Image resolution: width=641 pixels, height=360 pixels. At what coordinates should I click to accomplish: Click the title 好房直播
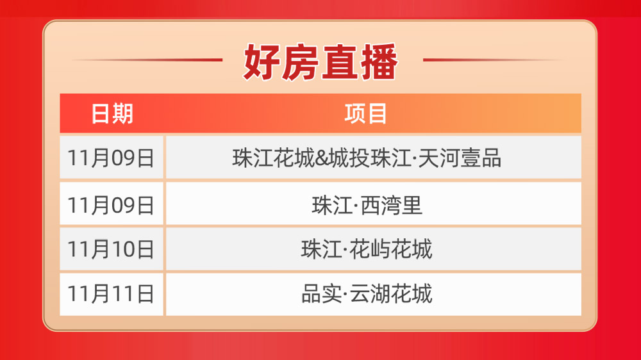click(320, 62)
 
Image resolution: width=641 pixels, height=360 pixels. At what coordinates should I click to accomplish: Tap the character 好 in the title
click(262, 62)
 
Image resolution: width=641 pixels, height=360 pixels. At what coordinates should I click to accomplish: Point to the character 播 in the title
click(379, 62)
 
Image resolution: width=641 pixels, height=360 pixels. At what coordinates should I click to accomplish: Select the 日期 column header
click(112, 113)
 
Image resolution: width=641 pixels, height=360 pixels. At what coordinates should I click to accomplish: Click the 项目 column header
click(366, 113)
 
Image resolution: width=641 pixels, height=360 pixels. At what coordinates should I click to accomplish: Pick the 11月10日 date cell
click(111, 249)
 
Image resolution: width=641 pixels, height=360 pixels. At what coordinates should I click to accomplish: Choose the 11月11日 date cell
click(111, 294)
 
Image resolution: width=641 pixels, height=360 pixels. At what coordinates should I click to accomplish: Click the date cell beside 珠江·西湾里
click(111, 205)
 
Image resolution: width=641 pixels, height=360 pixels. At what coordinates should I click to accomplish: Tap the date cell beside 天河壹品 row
click(111, 158)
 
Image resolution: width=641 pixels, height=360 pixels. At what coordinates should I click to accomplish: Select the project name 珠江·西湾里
click(367, 205)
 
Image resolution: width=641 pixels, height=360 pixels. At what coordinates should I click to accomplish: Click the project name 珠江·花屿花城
click(367, 249)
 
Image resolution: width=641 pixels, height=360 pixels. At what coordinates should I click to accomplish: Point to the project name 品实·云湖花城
click(367, 294)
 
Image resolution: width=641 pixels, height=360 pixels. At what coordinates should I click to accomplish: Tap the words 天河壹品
click(460, 158)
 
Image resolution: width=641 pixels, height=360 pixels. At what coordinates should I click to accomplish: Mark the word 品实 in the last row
click(321, 294)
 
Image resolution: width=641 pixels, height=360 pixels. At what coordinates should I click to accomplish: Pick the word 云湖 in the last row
click(370, 294)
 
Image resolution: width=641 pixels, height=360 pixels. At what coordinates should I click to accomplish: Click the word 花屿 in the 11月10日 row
click(370, 249)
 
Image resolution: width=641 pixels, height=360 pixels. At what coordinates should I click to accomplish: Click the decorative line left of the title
click(147, 60)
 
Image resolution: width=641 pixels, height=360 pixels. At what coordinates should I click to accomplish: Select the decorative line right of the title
click(494, 60)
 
